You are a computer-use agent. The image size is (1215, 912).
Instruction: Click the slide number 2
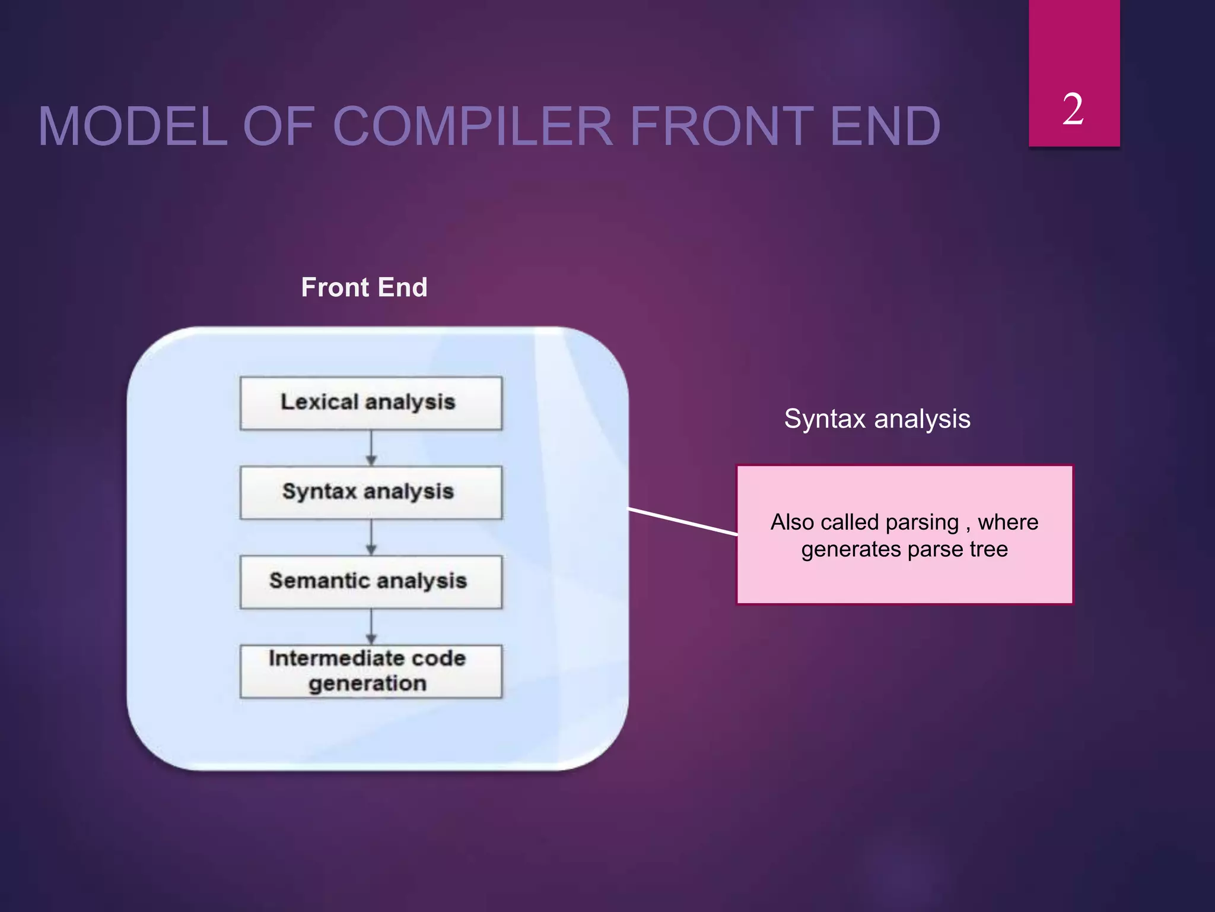click(x=1073, y=110)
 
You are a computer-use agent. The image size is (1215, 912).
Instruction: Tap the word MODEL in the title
click(x=132, y=126)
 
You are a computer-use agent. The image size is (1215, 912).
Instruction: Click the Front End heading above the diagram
click(x=364, y=287)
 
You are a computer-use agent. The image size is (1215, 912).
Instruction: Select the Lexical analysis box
click(x=371, y=403)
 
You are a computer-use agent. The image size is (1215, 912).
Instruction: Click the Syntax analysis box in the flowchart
click(x=371, y=492)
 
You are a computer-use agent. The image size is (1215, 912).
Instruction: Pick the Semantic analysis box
click(x=371, y=581)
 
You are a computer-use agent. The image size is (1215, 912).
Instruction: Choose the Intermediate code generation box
click(x=371, y=671)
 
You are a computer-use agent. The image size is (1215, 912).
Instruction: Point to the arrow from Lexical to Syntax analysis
click(x=371, y=448)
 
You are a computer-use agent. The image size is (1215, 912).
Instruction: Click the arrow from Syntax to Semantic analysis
click(x=371, y=537)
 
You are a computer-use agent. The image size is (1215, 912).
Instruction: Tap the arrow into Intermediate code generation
click(x=371, y=627)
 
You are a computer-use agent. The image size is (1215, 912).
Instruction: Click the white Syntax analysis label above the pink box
click(x=877, y=419)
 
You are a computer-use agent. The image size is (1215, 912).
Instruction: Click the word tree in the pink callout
click(x=988, y=549)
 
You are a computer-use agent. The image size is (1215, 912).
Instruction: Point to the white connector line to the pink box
click(x=682, y=522)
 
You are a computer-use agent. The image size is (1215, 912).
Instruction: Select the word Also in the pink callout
click(x=791, y=522)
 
